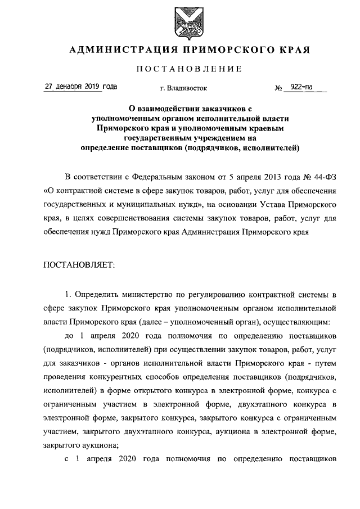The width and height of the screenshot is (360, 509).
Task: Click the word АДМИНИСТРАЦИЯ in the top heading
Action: tap(119, 50)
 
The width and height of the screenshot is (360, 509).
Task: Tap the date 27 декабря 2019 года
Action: tap(81, 87)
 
